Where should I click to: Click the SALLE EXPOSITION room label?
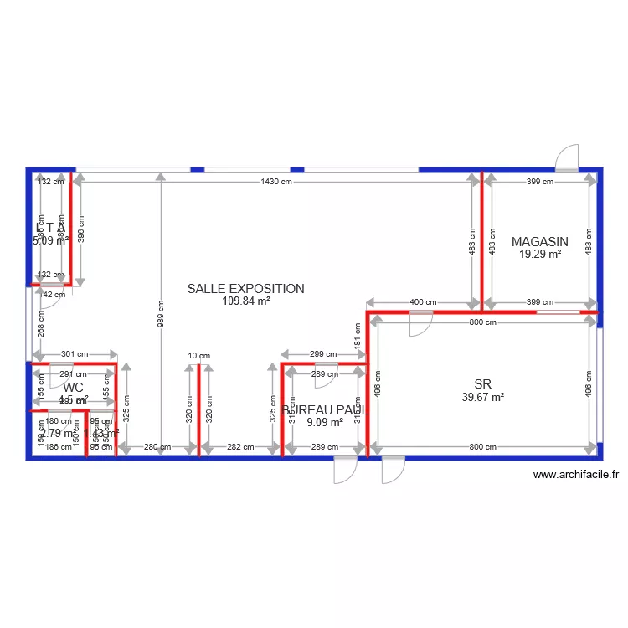[245, 289]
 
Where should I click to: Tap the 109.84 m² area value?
[245, 301]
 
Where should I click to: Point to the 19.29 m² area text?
[540, 255]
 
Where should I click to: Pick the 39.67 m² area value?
[481, 397]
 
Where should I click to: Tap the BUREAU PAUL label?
[325, 410]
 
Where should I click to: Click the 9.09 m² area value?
[325, 423]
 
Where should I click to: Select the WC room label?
[73, 388]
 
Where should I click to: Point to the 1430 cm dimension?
[275, 181]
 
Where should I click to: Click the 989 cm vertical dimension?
[160, 313]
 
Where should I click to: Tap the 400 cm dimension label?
[424, 302]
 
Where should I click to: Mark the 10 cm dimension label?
[198, 356]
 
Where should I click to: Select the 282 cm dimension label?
[241, 447]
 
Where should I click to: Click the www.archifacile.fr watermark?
[576, 475]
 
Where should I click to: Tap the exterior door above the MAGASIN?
[567, 159]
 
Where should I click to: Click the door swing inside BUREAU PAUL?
[325, 378]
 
